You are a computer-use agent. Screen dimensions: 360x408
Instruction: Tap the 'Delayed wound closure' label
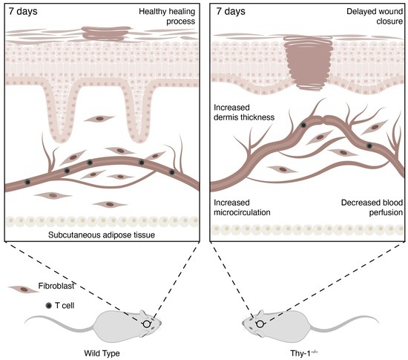[372, 16]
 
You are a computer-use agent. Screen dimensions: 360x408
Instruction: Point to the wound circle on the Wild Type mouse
[147, 323]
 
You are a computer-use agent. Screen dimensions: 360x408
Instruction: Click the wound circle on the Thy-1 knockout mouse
[260, 323]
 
